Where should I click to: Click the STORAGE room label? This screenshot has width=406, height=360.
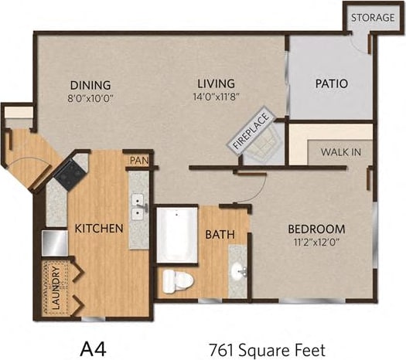pos(374,18)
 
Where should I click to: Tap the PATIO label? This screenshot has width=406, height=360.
pos(331,83)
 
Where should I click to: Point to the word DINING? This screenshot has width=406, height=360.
pos(90,85)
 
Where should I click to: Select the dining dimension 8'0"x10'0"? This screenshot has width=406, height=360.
pos(91,98)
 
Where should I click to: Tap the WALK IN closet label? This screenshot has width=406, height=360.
pos(340,152)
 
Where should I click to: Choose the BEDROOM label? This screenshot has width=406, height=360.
pos(316,229)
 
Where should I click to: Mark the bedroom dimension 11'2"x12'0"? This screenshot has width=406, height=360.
pos(316,243)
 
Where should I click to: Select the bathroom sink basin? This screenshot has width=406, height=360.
pos(237,271)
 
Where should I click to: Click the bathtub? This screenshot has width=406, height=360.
pos(178,229)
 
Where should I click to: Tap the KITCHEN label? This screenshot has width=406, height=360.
pos(99,229)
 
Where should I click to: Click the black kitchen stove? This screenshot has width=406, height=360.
pos(72,174)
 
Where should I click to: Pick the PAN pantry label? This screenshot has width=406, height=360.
pos(138,161)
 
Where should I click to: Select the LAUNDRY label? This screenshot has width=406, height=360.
pos(53,290)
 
